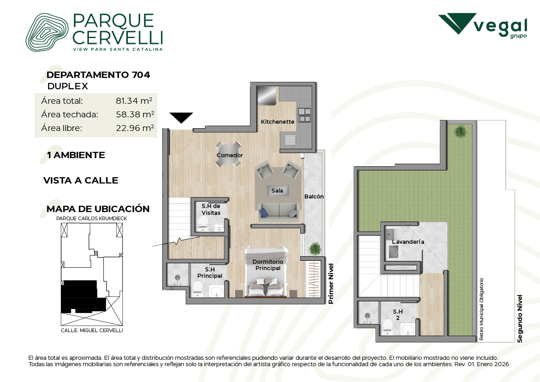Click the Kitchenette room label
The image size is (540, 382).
point(277,121)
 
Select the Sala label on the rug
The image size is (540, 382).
point(277,190)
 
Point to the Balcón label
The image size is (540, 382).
point(314,197)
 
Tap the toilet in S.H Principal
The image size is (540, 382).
point(198,288)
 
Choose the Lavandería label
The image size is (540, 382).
point(408,242)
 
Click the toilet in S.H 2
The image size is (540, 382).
point(388,326)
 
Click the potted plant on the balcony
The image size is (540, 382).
point(314,248)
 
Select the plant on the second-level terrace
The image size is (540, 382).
point(459,131)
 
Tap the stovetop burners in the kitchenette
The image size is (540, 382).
point(304,115)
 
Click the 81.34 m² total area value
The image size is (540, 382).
point(134,101)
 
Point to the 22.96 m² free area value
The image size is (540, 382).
point(135,128)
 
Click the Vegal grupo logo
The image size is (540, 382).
point(482,25)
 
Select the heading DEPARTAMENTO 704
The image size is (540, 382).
point(98,75)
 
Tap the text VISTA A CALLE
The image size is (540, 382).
point(81,180)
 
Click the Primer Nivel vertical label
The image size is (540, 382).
point(331,284)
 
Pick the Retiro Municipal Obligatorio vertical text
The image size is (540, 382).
point(481,309)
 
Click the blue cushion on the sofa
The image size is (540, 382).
point(264,213)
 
